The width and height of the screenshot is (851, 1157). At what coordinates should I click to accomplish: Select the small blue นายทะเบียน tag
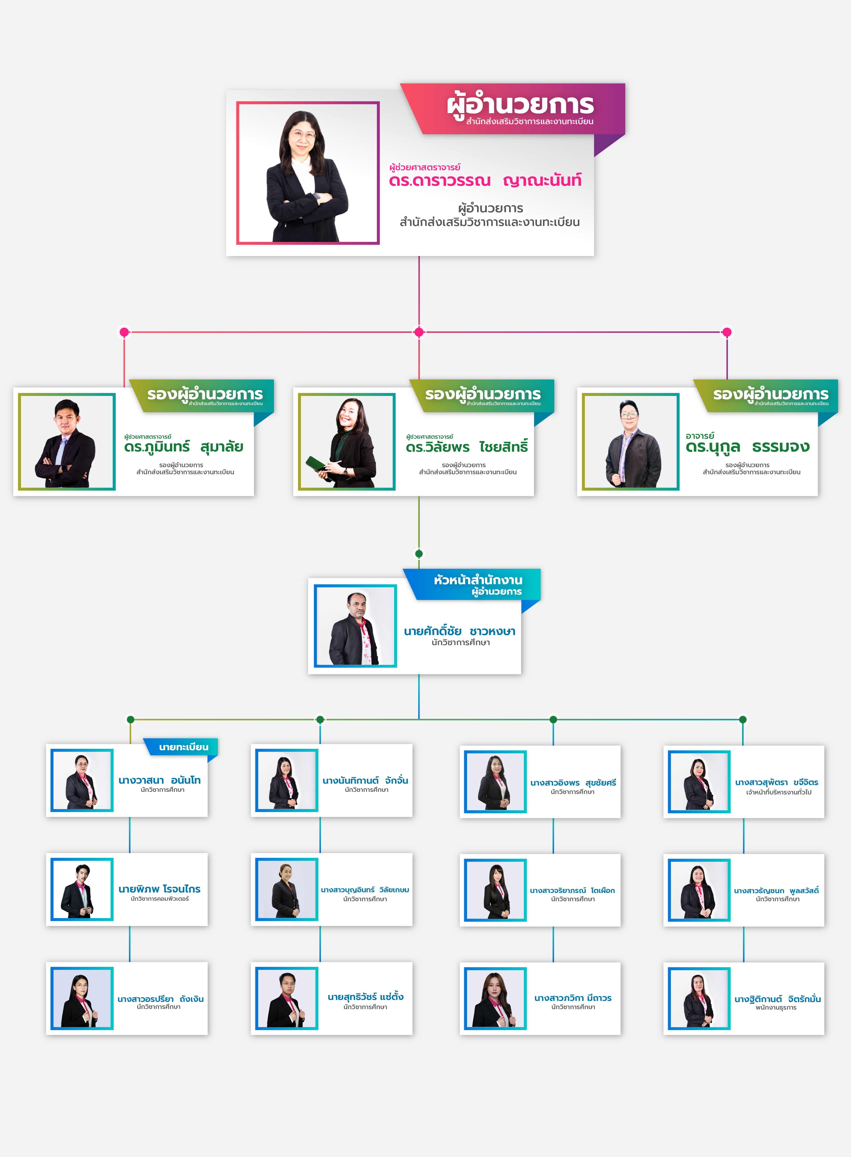183,747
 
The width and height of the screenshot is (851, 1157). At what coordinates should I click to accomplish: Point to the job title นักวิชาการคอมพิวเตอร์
160,899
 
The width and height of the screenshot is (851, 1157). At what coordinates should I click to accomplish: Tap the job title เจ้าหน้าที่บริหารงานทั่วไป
778,792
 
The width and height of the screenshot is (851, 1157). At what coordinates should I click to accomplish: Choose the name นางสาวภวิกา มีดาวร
573,998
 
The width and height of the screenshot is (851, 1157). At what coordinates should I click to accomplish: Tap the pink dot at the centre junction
419,332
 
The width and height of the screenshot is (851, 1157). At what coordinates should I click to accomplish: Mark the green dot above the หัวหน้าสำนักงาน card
419,554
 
